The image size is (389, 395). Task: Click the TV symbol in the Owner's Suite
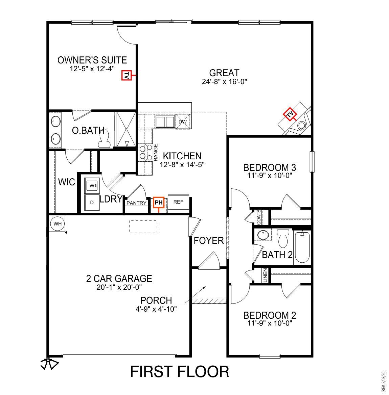126,76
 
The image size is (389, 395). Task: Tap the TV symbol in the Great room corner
290,114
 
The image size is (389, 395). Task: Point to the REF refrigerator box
178,202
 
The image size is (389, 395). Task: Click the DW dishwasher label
183,122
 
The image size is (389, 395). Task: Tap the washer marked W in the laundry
92,185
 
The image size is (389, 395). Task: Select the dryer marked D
92,202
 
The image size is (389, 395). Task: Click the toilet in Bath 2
282,238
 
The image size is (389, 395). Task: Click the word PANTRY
136,203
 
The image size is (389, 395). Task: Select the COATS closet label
259,217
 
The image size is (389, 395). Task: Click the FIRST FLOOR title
180,372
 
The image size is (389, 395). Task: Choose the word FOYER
209,241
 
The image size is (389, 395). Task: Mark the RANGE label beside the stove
156,152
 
